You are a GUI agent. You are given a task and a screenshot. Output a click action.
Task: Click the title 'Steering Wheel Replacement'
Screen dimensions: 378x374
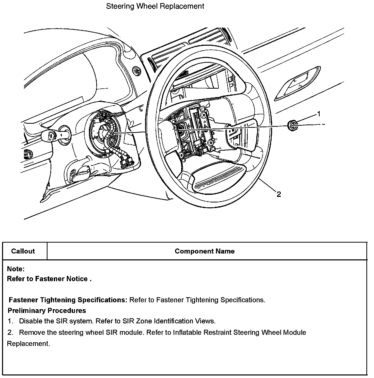[x=155, y=6]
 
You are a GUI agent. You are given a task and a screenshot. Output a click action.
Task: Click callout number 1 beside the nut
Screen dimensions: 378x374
[x=319, y=114]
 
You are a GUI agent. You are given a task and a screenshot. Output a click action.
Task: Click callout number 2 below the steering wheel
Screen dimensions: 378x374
[x=279, y=194]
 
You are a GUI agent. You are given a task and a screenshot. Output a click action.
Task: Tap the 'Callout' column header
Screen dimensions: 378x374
[x=23, y=251]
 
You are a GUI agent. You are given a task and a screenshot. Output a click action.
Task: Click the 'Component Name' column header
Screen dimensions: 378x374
[x=205, y=251]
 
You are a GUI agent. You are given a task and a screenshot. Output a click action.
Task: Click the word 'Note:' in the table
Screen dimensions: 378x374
[x=16, y=269]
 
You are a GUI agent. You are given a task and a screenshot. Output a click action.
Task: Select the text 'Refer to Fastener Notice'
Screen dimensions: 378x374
[x=48, y=279]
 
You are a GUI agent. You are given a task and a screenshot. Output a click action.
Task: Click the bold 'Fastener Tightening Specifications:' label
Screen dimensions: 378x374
[x=68, y=300]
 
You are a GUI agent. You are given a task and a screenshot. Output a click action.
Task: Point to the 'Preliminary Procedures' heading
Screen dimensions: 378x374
[x=47, y=311]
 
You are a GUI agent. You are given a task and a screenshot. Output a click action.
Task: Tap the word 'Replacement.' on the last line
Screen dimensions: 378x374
[x=28, y=344]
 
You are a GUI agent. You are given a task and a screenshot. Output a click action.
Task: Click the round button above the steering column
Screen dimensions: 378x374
[x=137, y=70]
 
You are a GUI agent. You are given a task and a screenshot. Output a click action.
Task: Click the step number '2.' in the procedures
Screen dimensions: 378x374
[x=10, y=333]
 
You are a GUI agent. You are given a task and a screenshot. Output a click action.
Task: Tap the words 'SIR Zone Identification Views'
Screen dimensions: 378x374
[x=169, y=321]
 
